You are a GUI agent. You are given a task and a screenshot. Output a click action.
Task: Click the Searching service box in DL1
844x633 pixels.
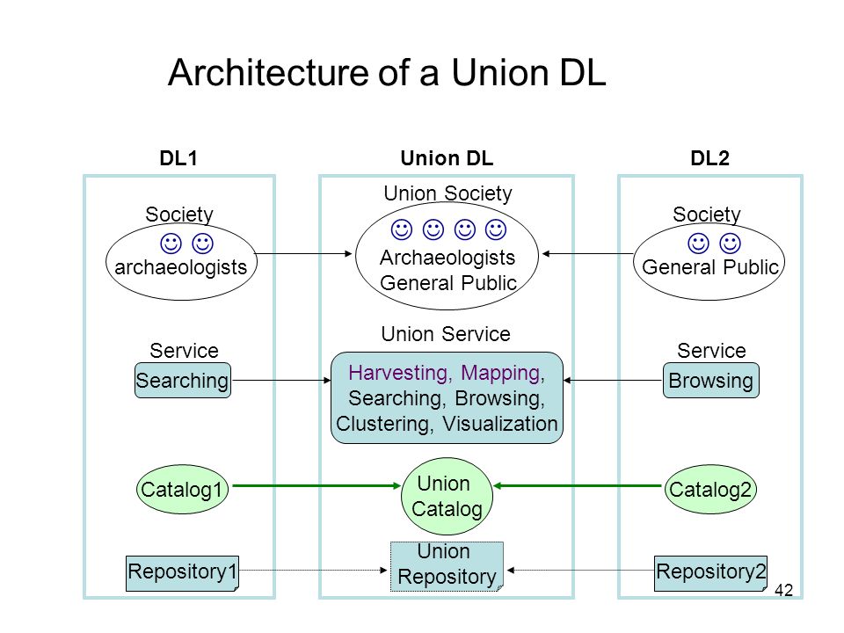(183, 381)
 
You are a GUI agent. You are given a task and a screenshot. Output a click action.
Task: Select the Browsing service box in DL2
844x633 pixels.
(711, 381)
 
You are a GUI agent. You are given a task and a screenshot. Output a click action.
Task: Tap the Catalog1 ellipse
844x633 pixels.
(182, 490)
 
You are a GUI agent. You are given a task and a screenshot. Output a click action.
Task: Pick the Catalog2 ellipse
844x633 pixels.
(710, 490)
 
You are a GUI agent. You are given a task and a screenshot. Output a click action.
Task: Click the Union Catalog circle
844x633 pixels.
(447, 496)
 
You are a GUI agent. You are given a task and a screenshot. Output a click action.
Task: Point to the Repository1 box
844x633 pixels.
(183, 573)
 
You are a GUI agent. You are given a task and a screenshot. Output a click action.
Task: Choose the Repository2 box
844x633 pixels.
(711, 573)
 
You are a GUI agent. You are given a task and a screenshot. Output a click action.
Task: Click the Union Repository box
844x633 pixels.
(447, 566)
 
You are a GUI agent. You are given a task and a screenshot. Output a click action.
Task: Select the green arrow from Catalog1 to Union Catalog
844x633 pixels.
(316, 485)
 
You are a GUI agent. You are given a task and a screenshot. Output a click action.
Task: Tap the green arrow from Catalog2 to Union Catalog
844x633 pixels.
(578, 485)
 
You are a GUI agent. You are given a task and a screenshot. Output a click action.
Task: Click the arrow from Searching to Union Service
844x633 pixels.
(281, 381)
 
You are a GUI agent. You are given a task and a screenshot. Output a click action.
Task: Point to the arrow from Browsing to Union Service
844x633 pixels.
(613, 381)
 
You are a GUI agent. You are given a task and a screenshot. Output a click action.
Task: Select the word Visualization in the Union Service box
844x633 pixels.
(500, 424)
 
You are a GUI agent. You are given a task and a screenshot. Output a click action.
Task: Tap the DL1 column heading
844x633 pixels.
(178, 158)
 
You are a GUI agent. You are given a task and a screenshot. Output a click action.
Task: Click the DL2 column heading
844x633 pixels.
(710, 158)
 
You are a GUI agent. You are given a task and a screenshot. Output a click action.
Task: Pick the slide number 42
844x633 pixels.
(783, 590)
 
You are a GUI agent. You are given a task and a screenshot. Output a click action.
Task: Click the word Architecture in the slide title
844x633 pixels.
(268, 72)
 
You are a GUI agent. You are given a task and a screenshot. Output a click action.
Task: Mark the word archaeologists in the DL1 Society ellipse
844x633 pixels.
(181, 267)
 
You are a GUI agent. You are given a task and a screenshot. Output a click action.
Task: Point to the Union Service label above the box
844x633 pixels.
(446, 334)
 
